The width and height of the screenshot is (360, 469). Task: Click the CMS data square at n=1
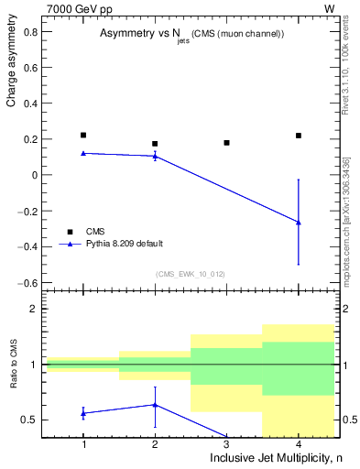click(83, 136)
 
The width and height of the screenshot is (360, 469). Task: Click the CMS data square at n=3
click(226, 143)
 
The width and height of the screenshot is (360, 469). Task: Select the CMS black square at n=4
click(299, 136)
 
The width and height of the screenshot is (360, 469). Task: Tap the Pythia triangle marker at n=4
click(299, 222)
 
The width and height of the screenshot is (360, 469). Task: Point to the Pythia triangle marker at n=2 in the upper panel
click(155, 156)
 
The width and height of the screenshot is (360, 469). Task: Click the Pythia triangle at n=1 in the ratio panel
click(83, 413)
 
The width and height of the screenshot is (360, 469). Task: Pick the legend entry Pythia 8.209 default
click(125, 245)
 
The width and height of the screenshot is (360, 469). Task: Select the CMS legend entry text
click(96, 231)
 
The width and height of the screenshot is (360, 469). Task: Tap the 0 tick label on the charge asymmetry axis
click(34, 175)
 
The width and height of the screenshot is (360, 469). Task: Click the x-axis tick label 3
click(226, 444)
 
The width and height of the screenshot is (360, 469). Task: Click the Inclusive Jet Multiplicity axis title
click(274, 458)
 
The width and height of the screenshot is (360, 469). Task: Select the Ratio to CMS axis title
click(12, 376)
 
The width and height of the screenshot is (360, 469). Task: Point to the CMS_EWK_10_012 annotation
click(191, 274)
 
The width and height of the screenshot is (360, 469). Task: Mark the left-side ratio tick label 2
click(34, 310)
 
